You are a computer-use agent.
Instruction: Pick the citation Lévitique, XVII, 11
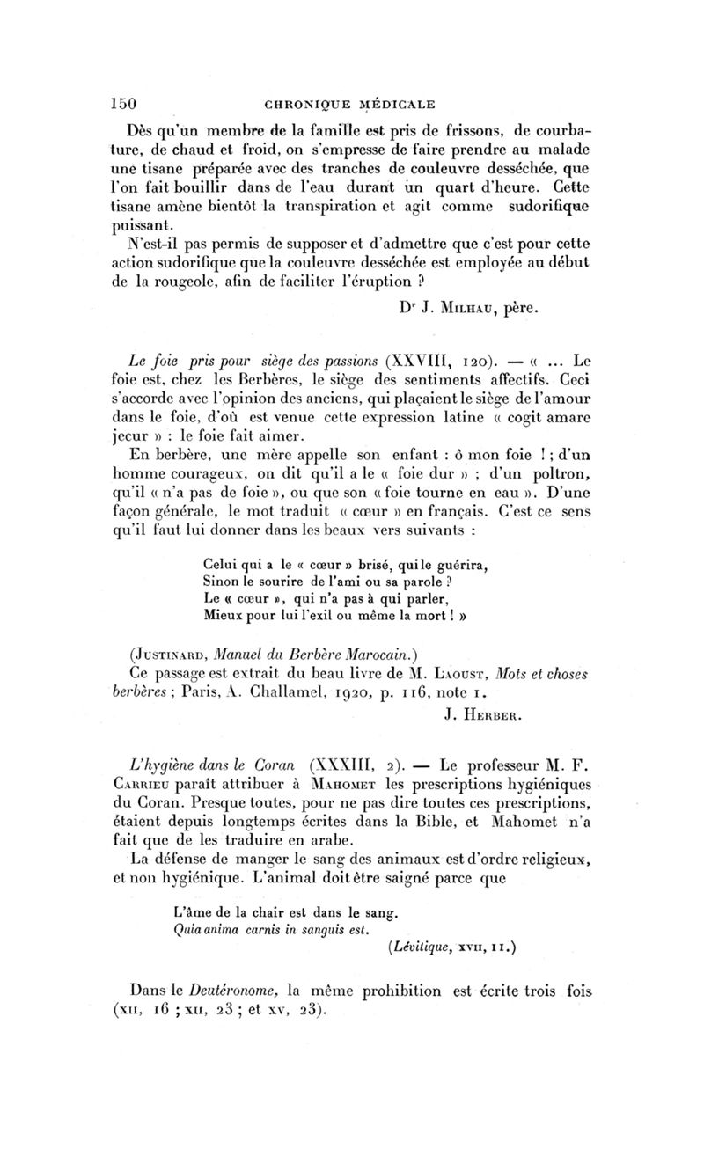click(x=451, y=947)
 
